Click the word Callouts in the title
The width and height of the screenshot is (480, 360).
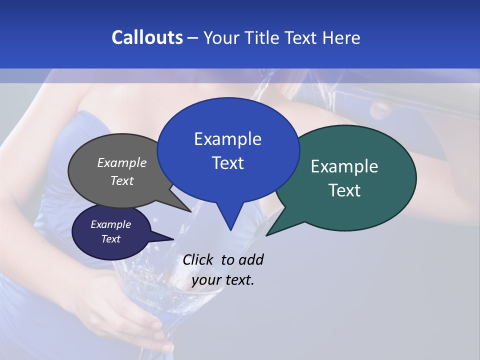click(x=147, y=37)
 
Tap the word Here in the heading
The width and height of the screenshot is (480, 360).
click(x=341, y=37)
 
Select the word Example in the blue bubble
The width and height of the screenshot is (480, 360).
click(x=227, y=139)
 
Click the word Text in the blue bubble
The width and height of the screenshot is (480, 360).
click(x=227, y=163)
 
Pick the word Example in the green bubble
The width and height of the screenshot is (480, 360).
click(x=344, y=166)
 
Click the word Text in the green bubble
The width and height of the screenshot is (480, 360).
click(x=344, y=190)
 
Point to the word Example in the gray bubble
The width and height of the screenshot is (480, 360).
click(x=122, y=162)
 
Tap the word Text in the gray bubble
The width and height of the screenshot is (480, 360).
click(x=122, y=180)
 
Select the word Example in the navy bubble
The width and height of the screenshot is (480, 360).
click(x=110, y=224)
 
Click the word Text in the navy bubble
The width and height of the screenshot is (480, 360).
click(x=110, y=239)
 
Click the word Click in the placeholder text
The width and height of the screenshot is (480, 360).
click(x=199, y=259)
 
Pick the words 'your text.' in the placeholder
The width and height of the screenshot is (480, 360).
click(x=223, y=280)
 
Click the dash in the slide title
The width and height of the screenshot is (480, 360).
click(x=193, y=38)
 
